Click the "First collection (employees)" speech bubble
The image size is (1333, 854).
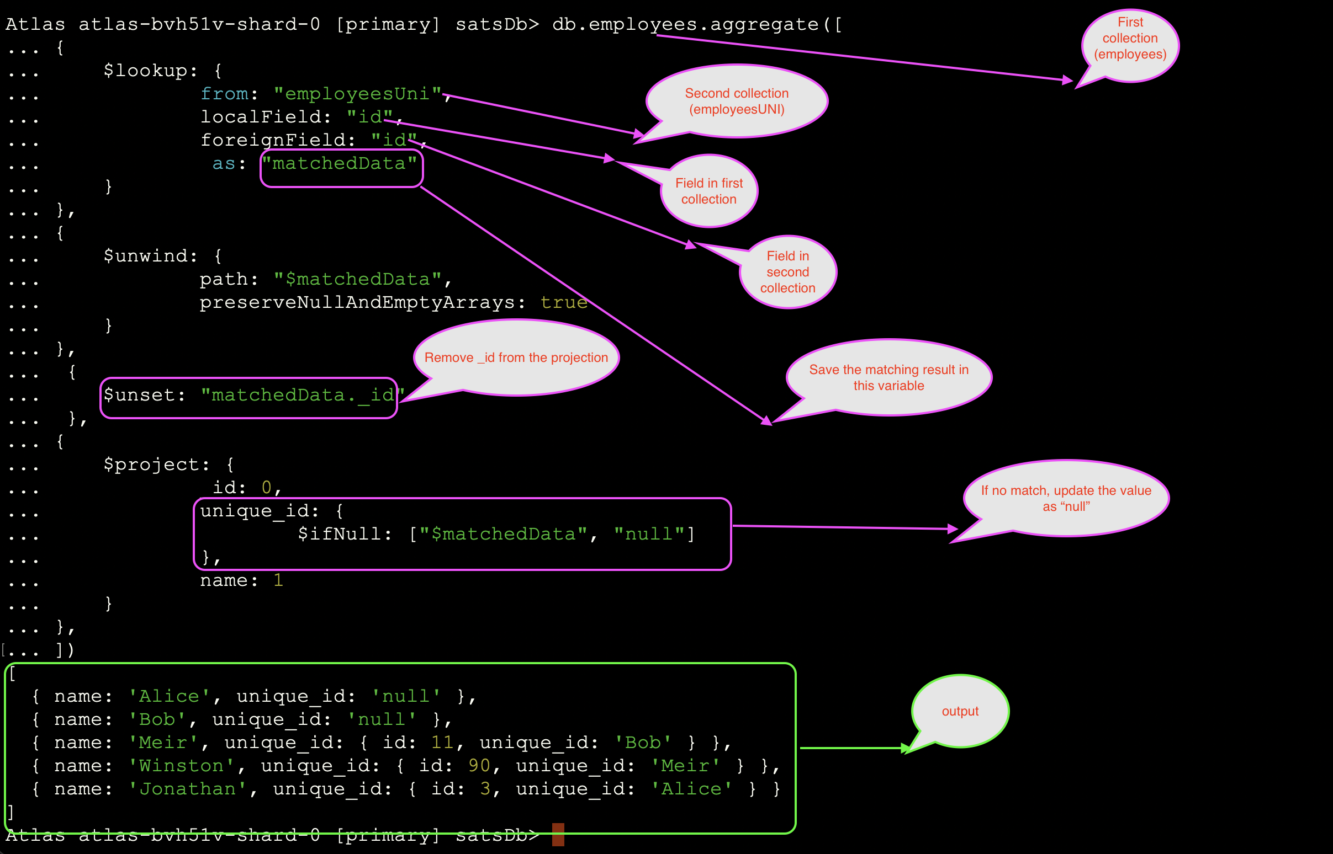[1130, 39]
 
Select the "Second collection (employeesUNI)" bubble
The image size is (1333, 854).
[737, 102]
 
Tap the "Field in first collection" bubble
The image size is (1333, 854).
[708, 191]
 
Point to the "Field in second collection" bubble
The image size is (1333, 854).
[787, 272]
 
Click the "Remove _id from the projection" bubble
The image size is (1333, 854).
[516, 357]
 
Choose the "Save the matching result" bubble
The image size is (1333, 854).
[888, 378]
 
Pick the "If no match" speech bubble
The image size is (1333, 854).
[1066, 499]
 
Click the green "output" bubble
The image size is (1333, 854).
[960, 712]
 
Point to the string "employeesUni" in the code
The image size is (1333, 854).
[357, 94]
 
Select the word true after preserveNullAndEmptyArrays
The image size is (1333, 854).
[564, 303]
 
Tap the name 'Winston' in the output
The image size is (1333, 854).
[182, 766]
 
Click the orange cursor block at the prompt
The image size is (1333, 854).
[558, 835]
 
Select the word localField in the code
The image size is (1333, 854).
[261, 117]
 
